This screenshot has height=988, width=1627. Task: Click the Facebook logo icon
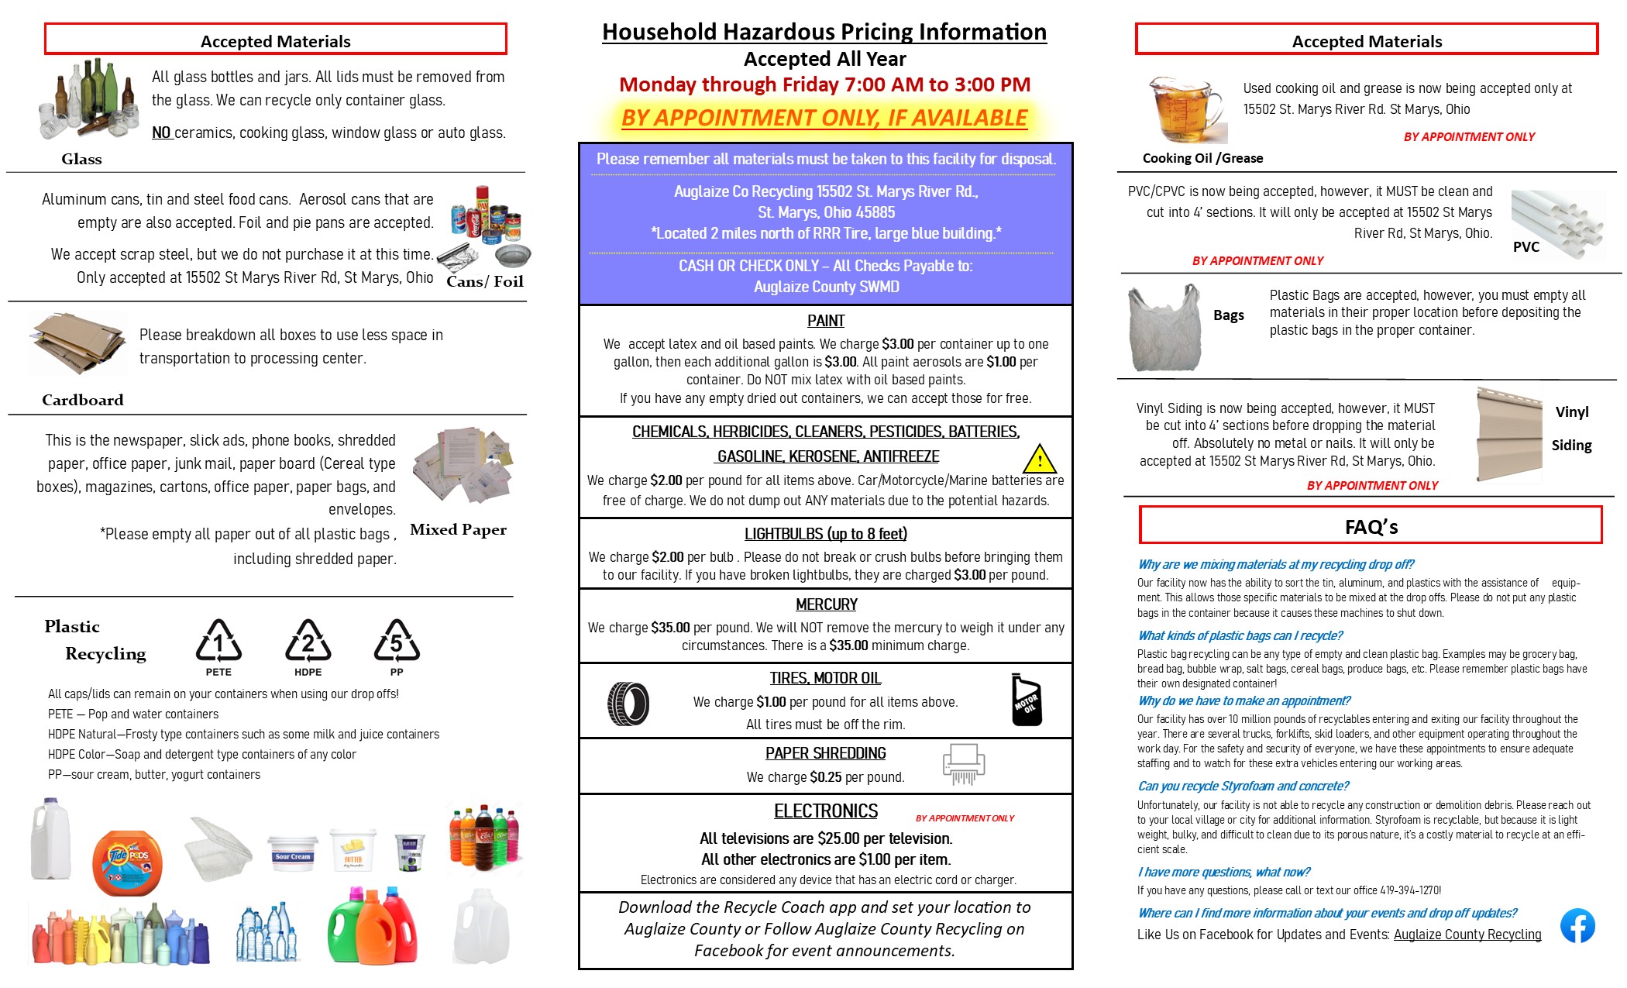click(x=1577, y=925)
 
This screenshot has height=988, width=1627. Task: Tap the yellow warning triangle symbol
click(x=1039, y=460)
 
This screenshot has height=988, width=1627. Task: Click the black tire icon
click(x=628, y=704)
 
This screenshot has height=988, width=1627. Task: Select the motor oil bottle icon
click(x=1027, y=700)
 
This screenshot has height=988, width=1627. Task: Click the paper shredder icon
click(x=963, y=764)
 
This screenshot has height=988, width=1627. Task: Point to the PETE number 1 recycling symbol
click(x=218, y=642)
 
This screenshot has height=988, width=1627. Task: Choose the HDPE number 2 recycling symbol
click(x=308, y=642)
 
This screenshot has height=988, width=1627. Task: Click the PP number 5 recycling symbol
click(x=397, y=642)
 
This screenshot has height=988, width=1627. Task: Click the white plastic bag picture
click(x=1164, y=329)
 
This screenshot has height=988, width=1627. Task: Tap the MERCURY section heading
click(x=826, y=604)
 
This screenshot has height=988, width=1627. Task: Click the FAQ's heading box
click(x=1371, y=526)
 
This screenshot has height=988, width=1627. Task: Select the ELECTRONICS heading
click(x=825, y=811)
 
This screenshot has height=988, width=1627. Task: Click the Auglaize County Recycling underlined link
click(x=1467, y=935)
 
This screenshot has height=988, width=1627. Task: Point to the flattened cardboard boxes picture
click(x=77, y=344)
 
